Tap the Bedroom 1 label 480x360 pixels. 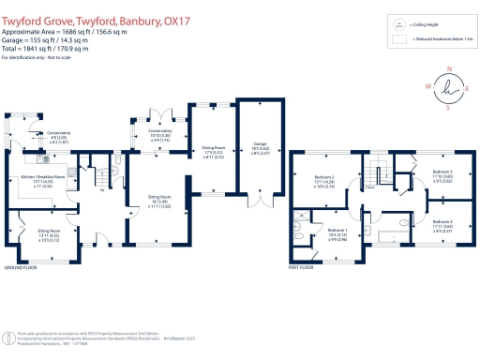[x=337, y=231]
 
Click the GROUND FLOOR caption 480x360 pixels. [x=20, y=268]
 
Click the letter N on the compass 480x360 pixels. [x=451, y=68]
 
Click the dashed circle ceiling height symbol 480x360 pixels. [x=398, y=25]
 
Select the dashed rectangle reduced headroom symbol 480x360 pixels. [x=398, y=40]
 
